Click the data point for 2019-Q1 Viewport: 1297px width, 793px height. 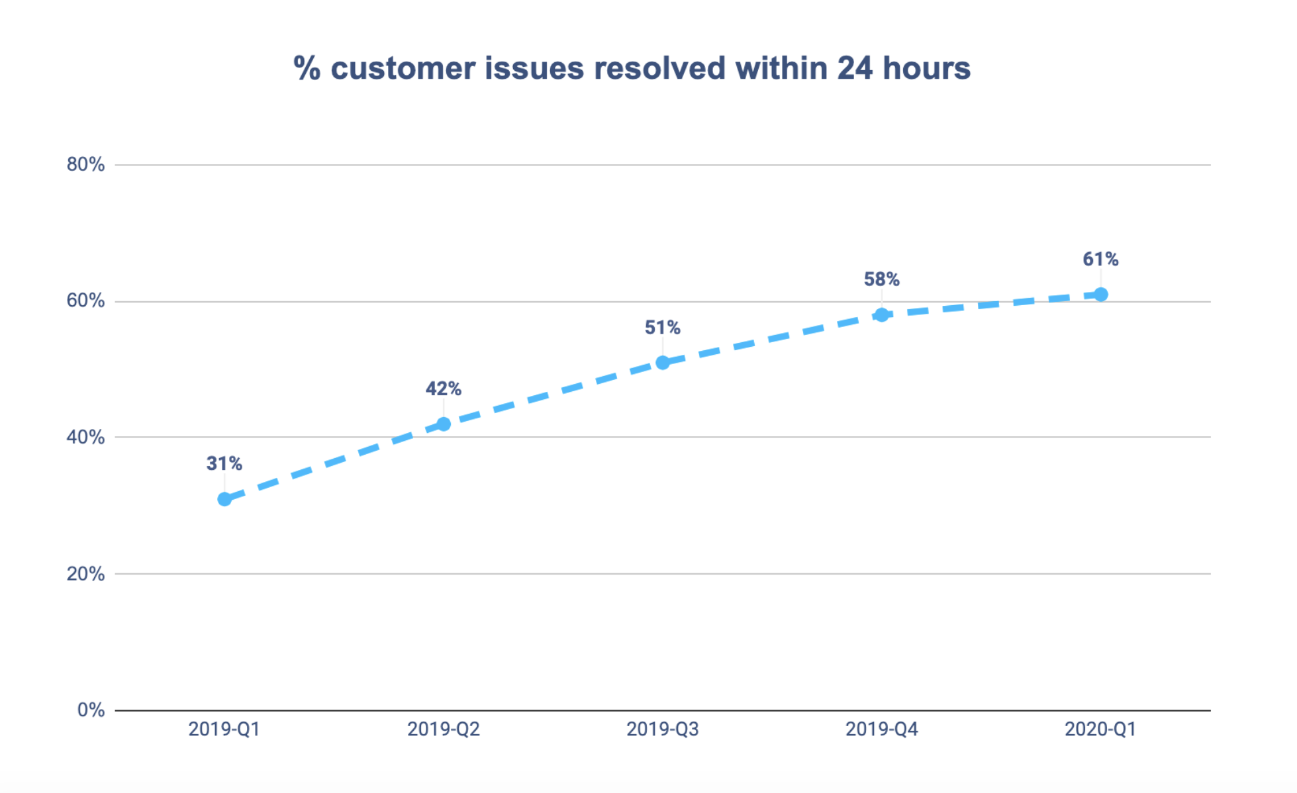[224, 498]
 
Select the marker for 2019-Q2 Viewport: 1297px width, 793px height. [444, 424]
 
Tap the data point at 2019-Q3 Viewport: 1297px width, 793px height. [663, 362]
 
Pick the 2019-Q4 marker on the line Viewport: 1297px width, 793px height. [882, 314]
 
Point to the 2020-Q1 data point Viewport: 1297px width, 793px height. [1101, 294]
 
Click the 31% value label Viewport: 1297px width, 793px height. [224, 463]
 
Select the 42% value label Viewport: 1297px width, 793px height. [444, 389]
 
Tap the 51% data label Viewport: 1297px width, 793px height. [663, 328]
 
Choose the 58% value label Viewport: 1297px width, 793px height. [882, 279]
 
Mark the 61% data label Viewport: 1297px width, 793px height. [1101, 259]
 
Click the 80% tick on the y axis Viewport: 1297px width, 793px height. [85, 165]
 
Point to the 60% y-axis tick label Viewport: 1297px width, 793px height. [85, 301]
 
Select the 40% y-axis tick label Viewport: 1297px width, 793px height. [85, 437]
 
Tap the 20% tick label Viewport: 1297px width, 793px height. [85, 574]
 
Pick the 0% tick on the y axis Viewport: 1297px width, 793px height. [91, 710]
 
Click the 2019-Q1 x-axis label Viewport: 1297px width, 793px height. [224, 729]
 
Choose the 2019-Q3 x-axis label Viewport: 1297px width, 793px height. [663, 729]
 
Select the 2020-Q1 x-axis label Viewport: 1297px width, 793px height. [1101, 729]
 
